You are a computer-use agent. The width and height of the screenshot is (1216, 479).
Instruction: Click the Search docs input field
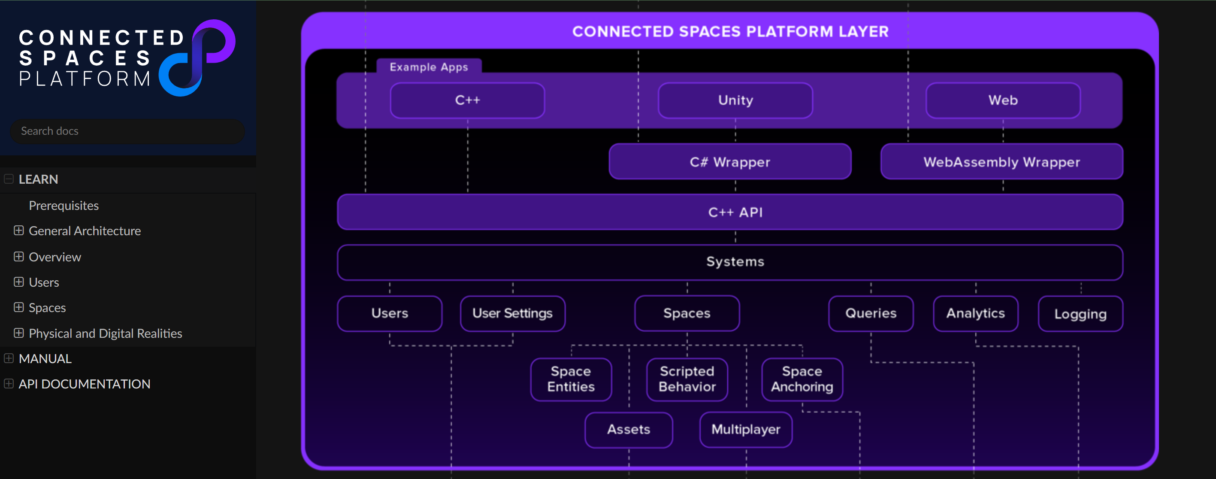(x=127, y=131)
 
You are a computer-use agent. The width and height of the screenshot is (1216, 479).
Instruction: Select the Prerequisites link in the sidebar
(x=64, y=206)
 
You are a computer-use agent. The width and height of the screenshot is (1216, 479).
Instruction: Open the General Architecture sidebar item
(x=85, y=231)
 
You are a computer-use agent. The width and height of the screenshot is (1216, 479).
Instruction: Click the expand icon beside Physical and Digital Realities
(x=18, y=333)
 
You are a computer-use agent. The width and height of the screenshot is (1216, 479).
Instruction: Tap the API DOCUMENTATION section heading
(x=85, y=384)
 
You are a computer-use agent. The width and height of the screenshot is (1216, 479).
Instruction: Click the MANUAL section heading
(x=45, y=358)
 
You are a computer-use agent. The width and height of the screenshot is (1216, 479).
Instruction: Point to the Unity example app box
(x=735, y=100)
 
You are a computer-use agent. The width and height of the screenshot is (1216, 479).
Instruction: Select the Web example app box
(x=1003, y=100)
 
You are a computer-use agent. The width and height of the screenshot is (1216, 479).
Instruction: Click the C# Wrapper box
(x=730, y=161)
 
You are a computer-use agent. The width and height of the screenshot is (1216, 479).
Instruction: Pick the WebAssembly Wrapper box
(x=1002, y=161)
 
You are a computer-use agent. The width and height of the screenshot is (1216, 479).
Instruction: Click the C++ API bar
(x=730, y=212)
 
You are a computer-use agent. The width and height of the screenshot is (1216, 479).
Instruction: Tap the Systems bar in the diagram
(x=730, y=262)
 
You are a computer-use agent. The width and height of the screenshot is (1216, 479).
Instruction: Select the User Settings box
(x=513, y=314)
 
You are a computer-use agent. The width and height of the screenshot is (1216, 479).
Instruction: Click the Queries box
(x=871, y=314)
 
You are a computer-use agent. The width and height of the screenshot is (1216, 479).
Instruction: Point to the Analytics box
(x=976, y=314)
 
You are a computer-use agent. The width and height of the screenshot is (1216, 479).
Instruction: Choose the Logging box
(x=1080, y=314)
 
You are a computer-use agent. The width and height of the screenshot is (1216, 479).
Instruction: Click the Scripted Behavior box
(x=687, y=379)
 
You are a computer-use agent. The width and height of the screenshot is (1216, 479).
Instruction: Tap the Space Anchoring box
(x=802, y=379)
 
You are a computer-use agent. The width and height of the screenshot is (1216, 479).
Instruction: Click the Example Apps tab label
(x=429, y=67)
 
